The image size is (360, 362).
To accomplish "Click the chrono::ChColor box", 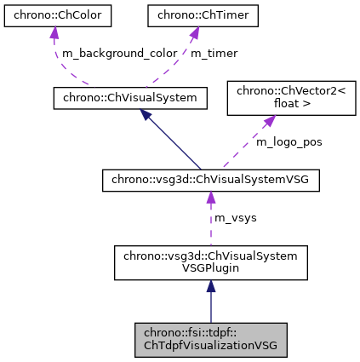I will pyautogui.click(x=54, y=14).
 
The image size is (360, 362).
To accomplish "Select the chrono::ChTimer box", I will pyautogui.click(x=193, y=14).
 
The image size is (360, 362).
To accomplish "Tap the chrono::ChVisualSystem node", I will pyautogui.click(x=130, y=99).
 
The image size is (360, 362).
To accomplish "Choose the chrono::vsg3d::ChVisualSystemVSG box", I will pyautogui.click(x=210, y=181).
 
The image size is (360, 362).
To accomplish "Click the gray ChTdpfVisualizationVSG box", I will pyautogui.click(x=210, y=339).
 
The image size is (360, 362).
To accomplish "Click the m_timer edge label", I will pyautogui.click(x=214, y=53).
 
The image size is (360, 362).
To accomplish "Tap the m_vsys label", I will pyautogui.click(x=235, y=218).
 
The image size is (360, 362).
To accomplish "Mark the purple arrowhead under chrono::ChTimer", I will pyautogui.click(x=193, y=33).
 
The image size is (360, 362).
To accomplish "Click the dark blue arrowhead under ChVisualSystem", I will pyautogui.click(x=146, y=116).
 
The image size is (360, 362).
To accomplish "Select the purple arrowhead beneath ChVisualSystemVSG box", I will pyautogui.click(x=210, y=198).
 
